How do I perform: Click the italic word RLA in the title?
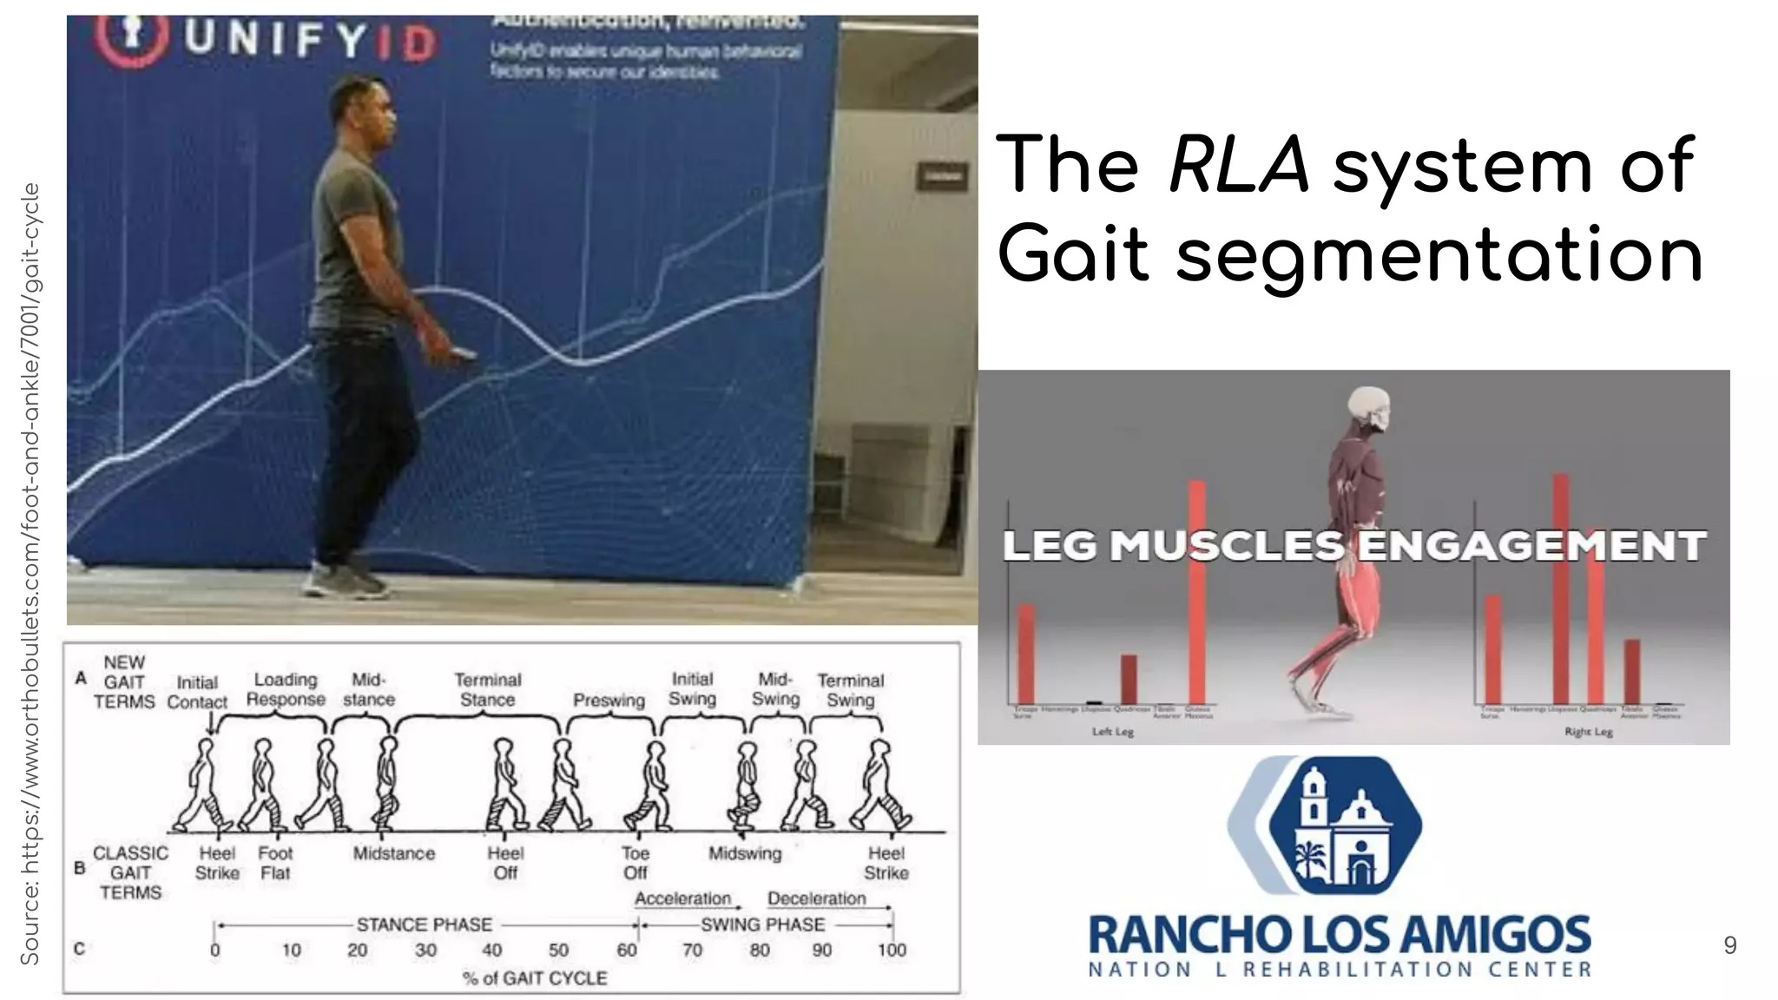[1238, 165]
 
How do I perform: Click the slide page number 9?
[1729, 945]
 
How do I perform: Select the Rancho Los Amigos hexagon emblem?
[1324, 826]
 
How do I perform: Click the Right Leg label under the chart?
[1588, 732]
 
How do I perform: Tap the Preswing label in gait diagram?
[609, 701]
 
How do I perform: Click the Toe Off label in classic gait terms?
[635, 863]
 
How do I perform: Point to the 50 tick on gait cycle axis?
[558, 951]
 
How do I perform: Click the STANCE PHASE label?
[424, 924]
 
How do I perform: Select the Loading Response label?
[286, 689]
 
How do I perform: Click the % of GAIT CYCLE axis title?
[535, 978]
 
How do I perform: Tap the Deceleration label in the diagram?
[816, 898]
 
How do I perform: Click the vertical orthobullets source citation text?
[30, 573]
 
